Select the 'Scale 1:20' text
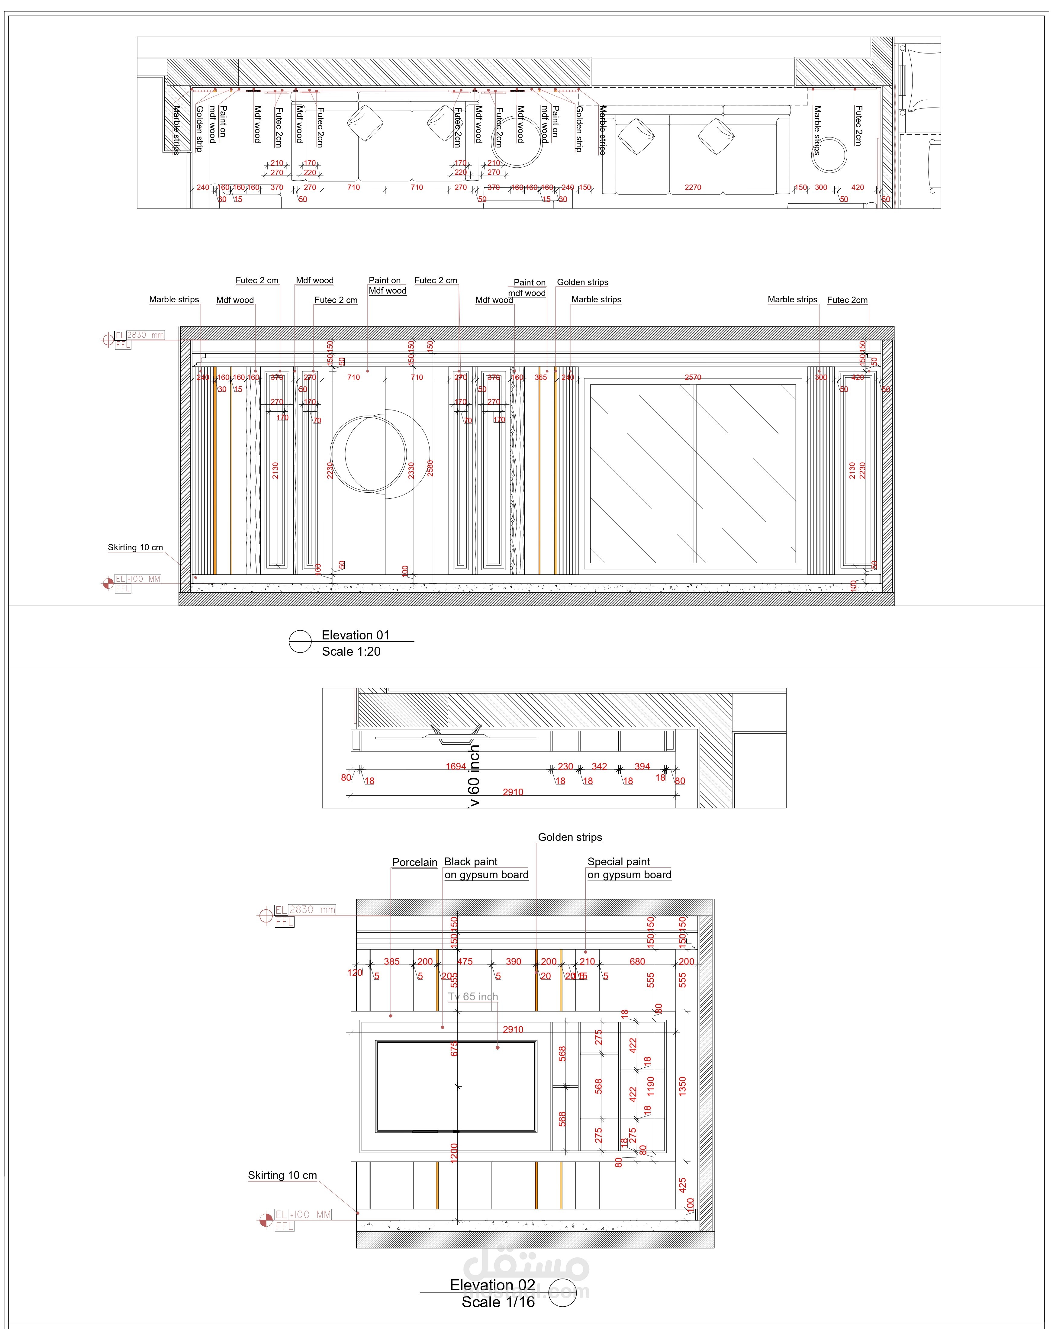pyautogui.click(x=351, y=652)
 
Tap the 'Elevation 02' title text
pyautogui.click(x=492, y=1285)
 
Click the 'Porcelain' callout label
pyautogui.click(x=415, y=862)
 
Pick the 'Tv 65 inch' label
pyautogui.click(x=473, y=997)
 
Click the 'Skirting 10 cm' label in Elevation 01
pyautogui.click(x=135, y=547)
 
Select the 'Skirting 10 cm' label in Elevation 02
pyautogui.click(x=282, y=1176)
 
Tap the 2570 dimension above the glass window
pyautogui.click(x=693, y=377)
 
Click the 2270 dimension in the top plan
pyautogui.click(x=693, y=187)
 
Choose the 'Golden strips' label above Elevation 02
pyautogui.click(x=570, y=837)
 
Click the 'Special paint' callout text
pyautogui.click(x=618, y=862)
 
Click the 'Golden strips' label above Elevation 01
pyautogui.click(x=582, y=282)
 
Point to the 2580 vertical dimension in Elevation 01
pyautogui.click(x=430, y=468)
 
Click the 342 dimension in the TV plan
pyautogui.click(x=599, y=767)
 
